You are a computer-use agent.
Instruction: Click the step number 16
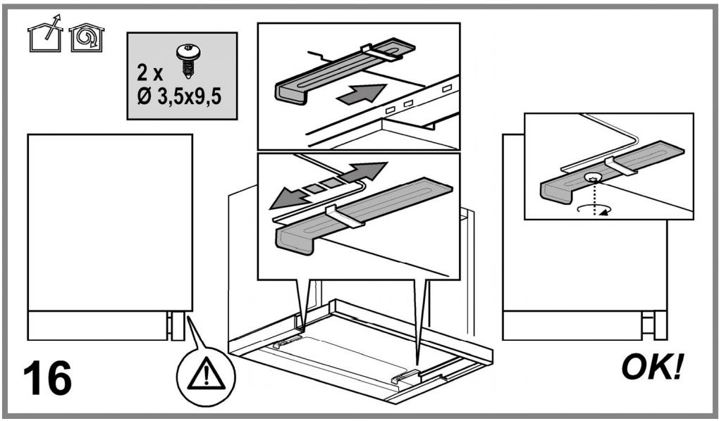pyautogui.click(x=47, y=378)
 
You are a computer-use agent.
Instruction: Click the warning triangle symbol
pyautogui.click(x=206, y=373)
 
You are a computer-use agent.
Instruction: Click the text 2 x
pyautogui.click(x=149, y=73)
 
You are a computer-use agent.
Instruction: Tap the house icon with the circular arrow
pyautogui.click(x=86, y=37)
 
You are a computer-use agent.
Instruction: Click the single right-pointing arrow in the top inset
pyautogui.click(x=362, y=94)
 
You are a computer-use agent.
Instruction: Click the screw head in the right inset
pyautogui.click(x=594, y=177)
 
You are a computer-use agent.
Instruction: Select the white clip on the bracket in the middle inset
pyautogui.click(x=345, y=216)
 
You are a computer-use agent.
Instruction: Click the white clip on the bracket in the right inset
pyautogui.click(x=620, y=166)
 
